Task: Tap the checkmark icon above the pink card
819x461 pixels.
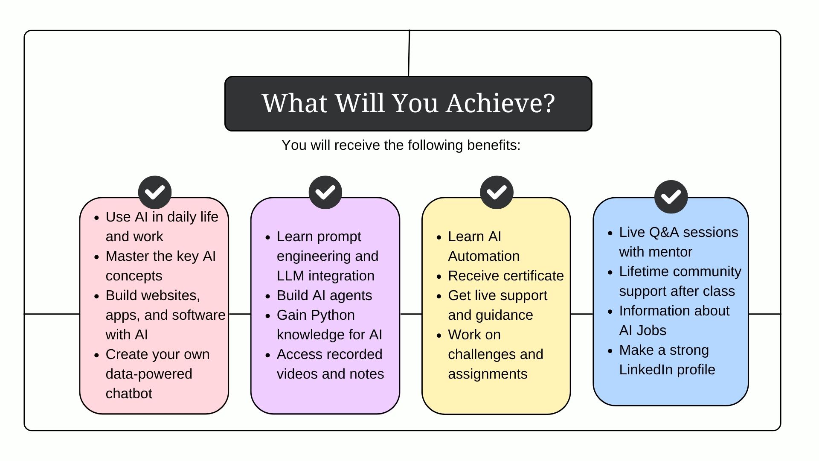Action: [x=155, y=192]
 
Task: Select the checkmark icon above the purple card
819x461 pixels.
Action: [x=325, y=192]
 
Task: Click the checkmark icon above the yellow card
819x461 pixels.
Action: [x=497, y=192]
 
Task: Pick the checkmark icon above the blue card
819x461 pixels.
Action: [x=671, y=197]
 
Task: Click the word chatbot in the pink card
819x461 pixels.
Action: [x=129, y=394]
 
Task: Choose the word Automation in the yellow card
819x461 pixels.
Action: [x=484, y=256]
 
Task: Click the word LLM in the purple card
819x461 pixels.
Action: [x=290, y=276]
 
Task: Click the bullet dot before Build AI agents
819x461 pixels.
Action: [x=268, y=296]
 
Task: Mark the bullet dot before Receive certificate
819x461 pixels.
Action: [x=439, y=277]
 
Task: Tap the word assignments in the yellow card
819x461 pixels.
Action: [x=488, y=374]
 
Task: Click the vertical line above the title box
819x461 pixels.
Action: [x=409, y=53]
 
